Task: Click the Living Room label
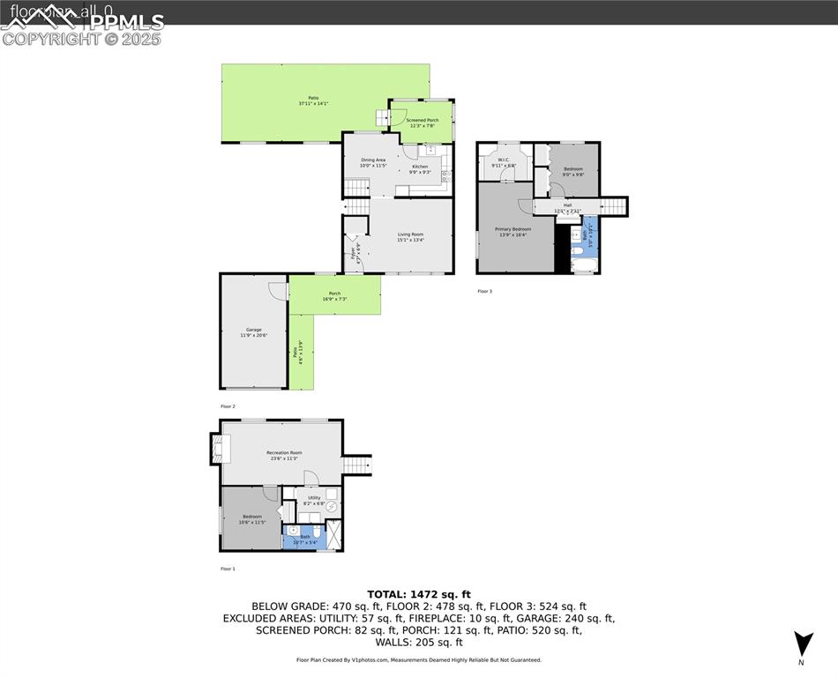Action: click(410, 236)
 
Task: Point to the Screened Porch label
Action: click(422, 123)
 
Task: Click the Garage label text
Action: click(253, 332)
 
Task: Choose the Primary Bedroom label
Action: click(513, 231)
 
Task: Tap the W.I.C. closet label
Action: click(504, 162)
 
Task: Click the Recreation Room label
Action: click(283, 455)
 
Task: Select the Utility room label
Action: click(314, 500)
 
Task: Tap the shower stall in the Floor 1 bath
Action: click(334, 533)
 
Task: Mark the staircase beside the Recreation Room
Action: click(357, 465)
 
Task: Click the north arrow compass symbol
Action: click(802, 645)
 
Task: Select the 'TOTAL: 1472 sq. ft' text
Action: click(419, 594)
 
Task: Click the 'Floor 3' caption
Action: click(485, 291)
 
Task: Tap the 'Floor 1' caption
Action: click(228, 569)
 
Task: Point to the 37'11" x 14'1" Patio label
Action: click(313, 100)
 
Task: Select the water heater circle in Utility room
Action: click(330, 506)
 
